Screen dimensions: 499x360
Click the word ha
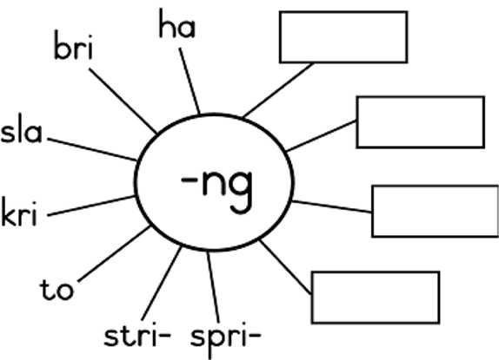point(177,23)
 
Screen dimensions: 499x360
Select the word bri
point(74,45)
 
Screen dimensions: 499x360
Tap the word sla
point(22,128)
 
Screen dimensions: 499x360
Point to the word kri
point(19,212)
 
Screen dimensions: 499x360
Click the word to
point(57,289)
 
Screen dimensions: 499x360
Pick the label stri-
point(137,335)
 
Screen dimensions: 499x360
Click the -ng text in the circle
point(217,190)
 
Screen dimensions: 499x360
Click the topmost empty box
point(343,37)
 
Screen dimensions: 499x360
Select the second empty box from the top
point(421,122)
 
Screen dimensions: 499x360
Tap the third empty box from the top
point(435,211)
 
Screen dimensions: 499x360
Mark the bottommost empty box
point(376,298)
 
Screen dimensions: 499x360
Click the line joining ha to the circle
point(190,81)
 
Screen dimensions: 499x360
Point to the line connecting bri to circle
point(123,101)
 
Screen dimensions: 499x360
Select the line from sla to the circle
point(92,149)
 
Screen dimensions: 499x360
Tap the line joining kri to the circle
point(91,206)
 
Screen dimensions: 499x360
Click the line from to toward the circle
point(114,253)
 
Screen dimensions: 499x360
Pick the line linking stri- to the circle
point(162,284)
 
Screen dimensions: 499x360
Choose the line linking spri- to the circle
point(213,287)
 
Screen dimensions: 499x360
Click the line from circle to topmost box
point(278,90)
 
